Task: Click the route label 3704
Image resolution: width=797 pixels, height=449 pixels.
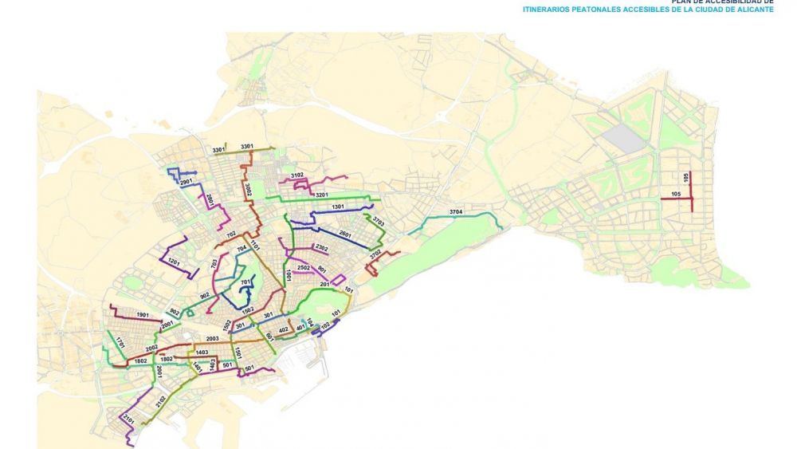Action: coord(456,211)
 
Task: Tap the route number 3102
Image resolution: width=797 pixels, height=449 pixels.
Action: coord(297,175)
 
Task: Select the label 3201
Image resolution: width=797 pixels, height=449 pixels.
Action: coord(321,195)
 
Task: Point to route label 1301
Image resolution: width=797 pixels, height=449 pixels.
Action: coord(337,207)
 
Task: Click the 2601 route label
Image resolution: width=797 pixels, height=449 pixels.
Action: coord(345,233)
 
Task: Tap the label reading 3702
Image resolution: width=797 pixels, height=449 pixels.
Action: coord(375,255)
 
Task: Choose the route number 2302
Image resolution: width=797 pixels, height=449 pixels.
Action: coord(321,248)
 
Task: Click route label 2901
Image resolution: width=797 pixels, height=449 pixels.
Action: coord(186,183)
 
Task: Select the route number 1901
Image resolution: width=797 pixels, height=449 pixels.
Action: coord(143,316)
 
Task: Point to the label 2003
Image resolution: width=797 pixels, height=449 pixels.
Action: coord(212,339)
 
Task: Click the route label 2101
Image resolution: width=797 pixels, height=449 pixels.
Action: coord(128,418)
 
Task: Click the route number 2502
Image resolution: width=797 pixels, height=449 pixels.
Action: coord(303,267)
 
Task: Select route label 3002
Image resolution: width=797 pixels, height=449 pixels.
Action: coord(249,190)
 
